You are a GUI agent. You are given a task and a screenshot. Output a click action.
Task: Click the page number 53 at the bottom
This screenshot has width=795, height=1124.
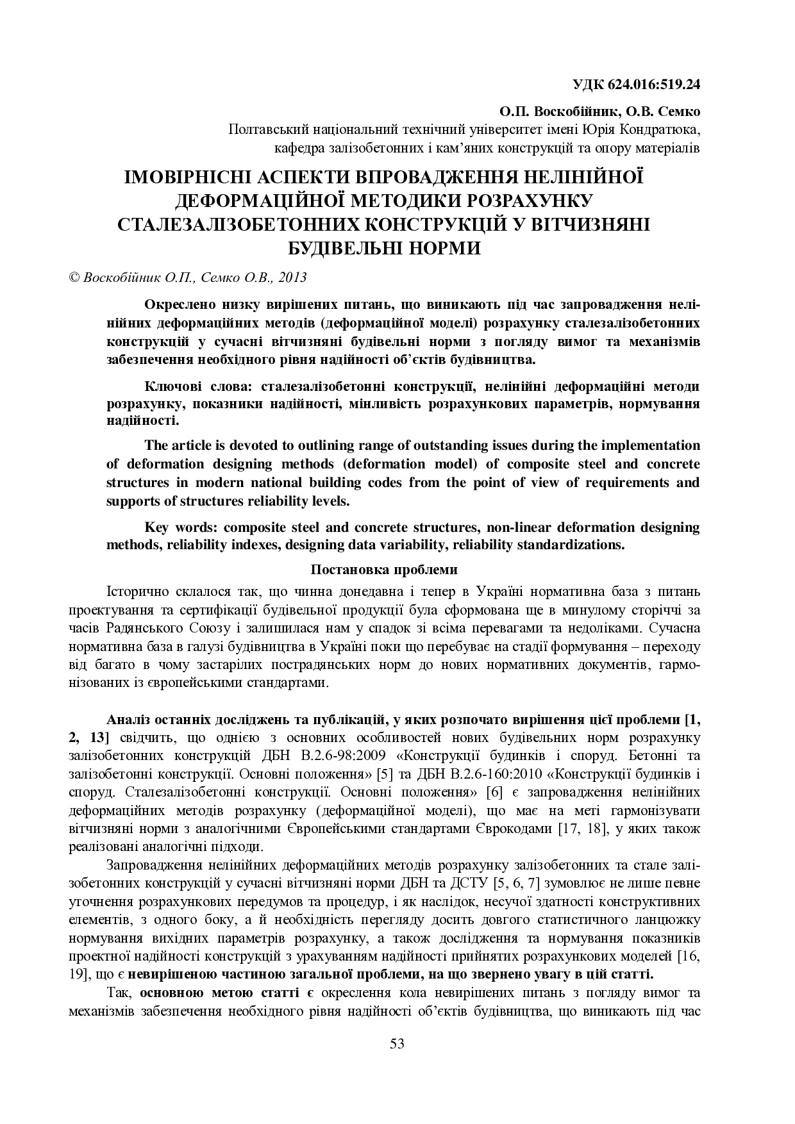pyautogui.click(x=397, y=1044)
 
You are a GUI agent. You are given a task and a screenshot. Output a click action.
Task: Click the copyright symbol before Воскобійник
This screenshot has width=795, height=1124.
pyautogui.click(x=73, y=277)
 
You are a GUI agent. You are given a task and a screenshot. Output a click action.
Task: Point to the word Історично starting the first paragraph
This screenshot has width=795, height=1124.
pyautogui.click(x=135, y=589)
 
